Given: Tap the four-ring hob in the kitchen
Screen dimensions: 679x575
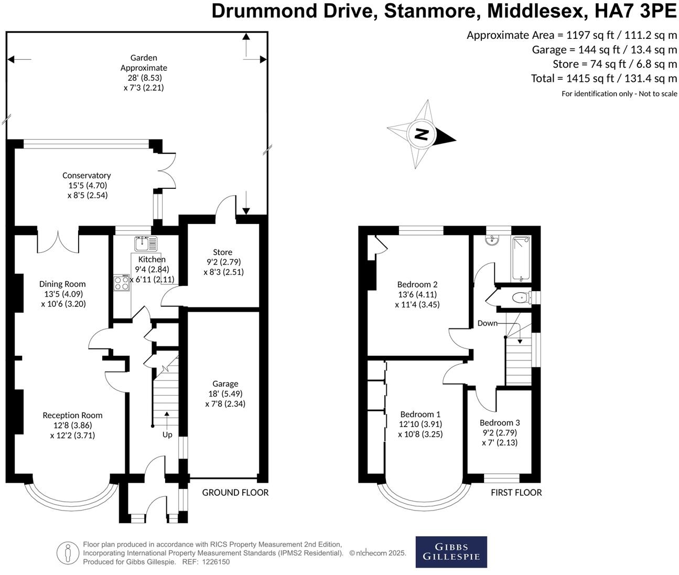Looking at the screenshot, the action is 121,283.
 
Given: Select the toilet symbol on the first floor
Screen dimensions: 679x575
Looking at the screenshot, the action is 522,297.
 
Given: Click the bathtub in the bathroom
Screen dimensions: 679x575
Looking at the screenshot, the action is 521,259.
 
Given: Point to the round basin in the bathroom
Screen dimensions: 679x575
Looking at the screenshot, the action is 492,240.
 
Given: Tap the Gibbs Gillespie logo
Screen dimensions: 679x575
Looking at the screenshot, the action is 451,552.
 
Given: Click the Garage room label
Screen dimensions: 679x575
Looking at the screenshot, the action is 225,384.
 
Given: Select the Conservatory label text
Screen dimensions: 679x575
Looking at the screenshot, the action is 87,175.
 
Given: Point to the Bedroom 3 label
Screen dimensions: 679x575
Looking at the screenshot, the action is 500,422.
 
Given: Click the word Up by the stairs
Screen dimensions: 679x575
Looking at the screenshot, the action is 167,435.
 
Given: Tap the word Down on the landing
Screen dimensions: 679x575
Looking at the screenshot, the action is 488,323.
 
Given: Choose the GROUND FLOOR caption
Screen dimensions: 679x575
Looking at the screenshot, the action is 235,493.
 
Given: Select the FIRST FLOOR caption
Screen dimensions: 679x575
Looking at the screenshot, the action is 516,493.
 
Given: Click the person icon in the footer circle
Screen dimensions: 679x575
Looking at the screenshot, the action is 68,553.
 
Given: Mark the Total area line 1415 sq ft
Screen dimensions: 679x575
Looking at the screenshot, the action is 604,78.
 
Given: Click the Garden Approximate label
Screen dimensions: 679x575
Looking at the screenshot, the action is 144,63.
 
